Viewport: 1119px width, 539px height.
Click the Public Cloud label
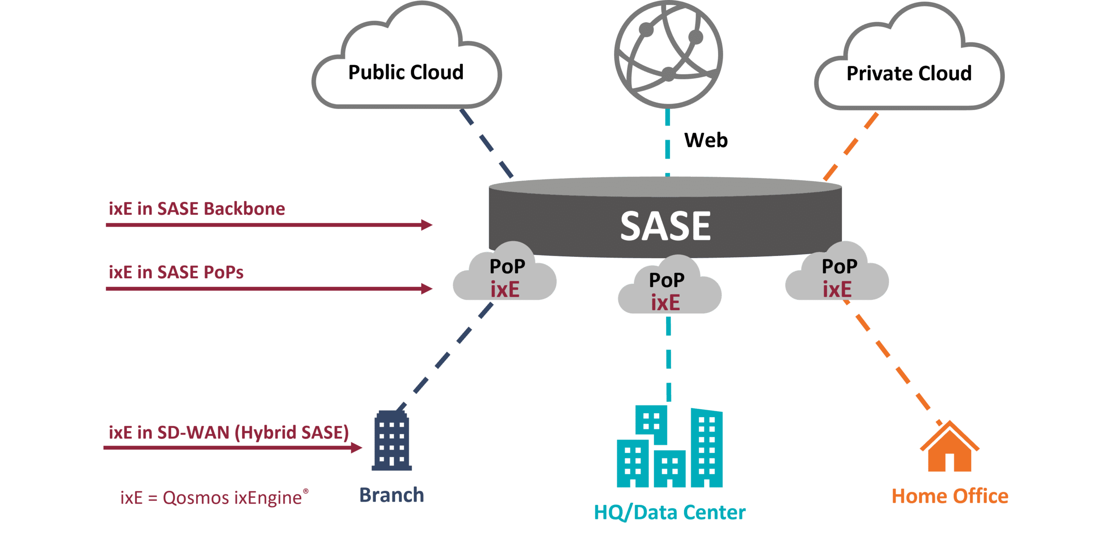(406, 73)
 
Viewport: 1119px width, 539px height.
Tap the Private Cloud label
(909, 73)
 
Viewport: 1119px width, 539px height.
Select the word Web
(705, 140)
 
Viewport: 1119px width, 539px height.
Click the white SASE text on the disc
(665, 226)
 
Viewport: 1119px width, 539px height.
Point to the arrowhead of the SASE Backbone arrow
(427, 225)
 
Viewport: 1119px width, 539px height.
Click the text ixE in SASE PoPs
(176, 272)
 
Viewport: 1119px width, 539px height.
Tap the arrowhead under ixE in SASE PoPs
(427, 288)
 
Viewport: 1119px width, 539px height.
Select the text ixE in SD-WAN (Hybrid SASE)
(229, 432)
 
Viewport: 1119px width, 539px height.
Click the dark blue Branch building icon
(392, 441)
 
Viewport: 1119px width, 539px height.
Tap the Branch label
(392, 495)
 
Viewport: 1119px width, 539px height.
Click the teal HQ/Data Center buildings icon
(669, 448)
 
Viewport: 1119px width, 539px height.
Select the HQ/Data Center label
(670, 512)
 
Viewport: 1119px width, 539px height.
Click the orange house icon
(949, 448)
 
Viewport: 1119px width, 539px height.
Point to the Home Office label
(950, 496)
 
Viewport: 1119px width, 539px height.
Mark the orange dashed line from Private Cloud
(850, 146)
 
